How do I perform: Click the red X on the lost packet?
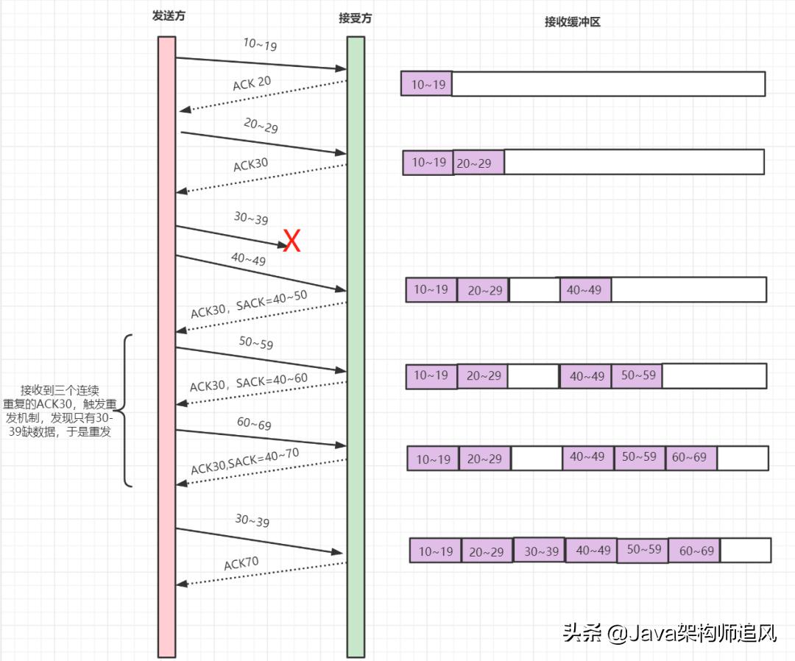pyautogui.click(x=292, y=241)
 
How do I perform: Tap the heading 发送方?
pyautogui.click(x=169, y=16)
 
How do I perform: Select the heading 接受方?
pyautogui.click(x=356, y=18)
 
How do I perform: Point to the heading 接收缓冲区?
pyautogui.click(x=573, y=22)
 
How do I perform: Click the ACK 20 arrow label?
pyautogui.click(x=252, y=83)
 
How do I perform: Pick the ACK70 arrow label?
pyautogui.click(x=241, y=564)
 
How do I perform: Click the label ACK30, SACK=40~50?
pyautogui.click(x=249, y=303)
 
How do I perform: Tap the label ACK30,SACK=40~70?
pyautogui.click(x=245, y=460)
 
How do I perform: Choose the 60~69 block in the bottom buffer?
pyautogui.click(x=695, y=551)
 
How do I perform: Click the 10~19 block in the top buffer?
pyautogui.click(x=427, y=85)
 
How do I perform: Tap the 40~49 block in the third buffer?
pyautogui.click(x=584, y=290)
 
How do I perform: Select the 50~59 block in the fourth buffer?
pyautogui.click(x=637, y=375)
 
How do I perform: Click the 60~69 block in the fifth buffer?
pyautogui.click(x=690, y=457)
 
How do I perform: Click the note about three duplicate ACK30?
pyautogui.click(x=66, y=411)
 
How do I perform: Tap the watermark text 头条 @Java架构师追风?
pyautogui.click(x=669, y=632)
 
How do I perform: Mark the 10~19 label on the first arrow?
pyautogui.click(x=260, y=45)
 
